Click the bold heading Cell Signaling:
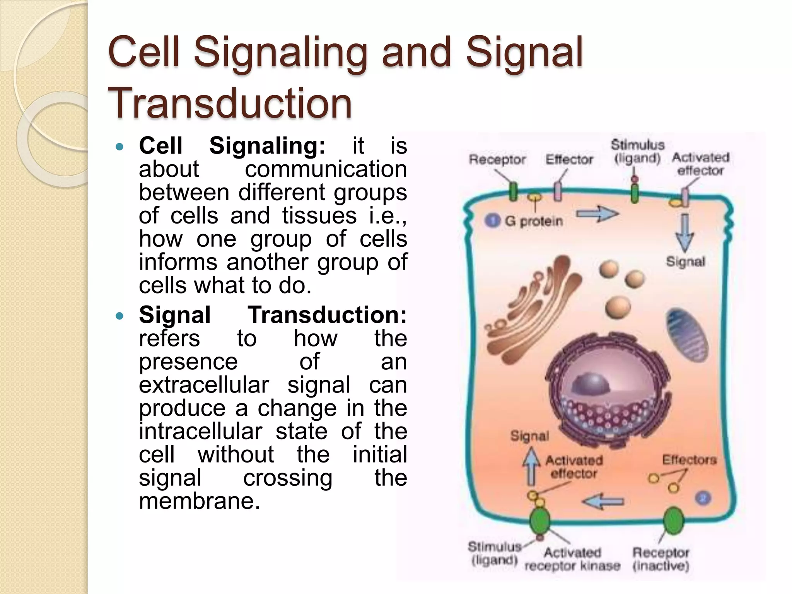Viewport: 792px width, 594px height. coord(232,146)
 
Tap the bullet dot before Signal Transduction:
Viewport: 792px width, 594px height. coord(119,316)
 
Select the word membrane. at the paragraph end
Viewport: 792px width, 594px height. coord(199,501)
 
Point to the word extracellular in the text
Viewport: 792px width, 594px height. coord(204,385)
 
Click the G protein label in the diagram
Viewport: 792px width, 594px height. coord(534,221)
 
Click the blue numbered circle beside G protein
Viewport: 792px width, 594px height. coord(492,221)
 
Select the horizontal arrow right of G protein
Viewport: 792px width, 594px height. coord(597,214)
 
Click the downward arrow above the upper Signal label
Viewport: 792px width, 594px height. coord(684,232)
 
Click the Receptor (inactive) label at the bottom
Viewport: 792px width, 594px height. coord(661,559)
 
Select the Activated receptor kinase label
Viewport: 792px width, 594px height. coord(572,559)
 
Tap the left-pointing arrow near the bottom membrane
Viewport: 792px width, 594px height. coord(603,502)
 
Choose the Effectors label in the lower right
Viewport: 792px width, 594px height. coord(689,460)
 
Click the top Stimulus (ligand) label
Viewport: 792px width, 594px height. coord(637,152)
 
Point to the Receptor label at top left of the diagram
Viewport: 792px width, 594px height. coord(497,160)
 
